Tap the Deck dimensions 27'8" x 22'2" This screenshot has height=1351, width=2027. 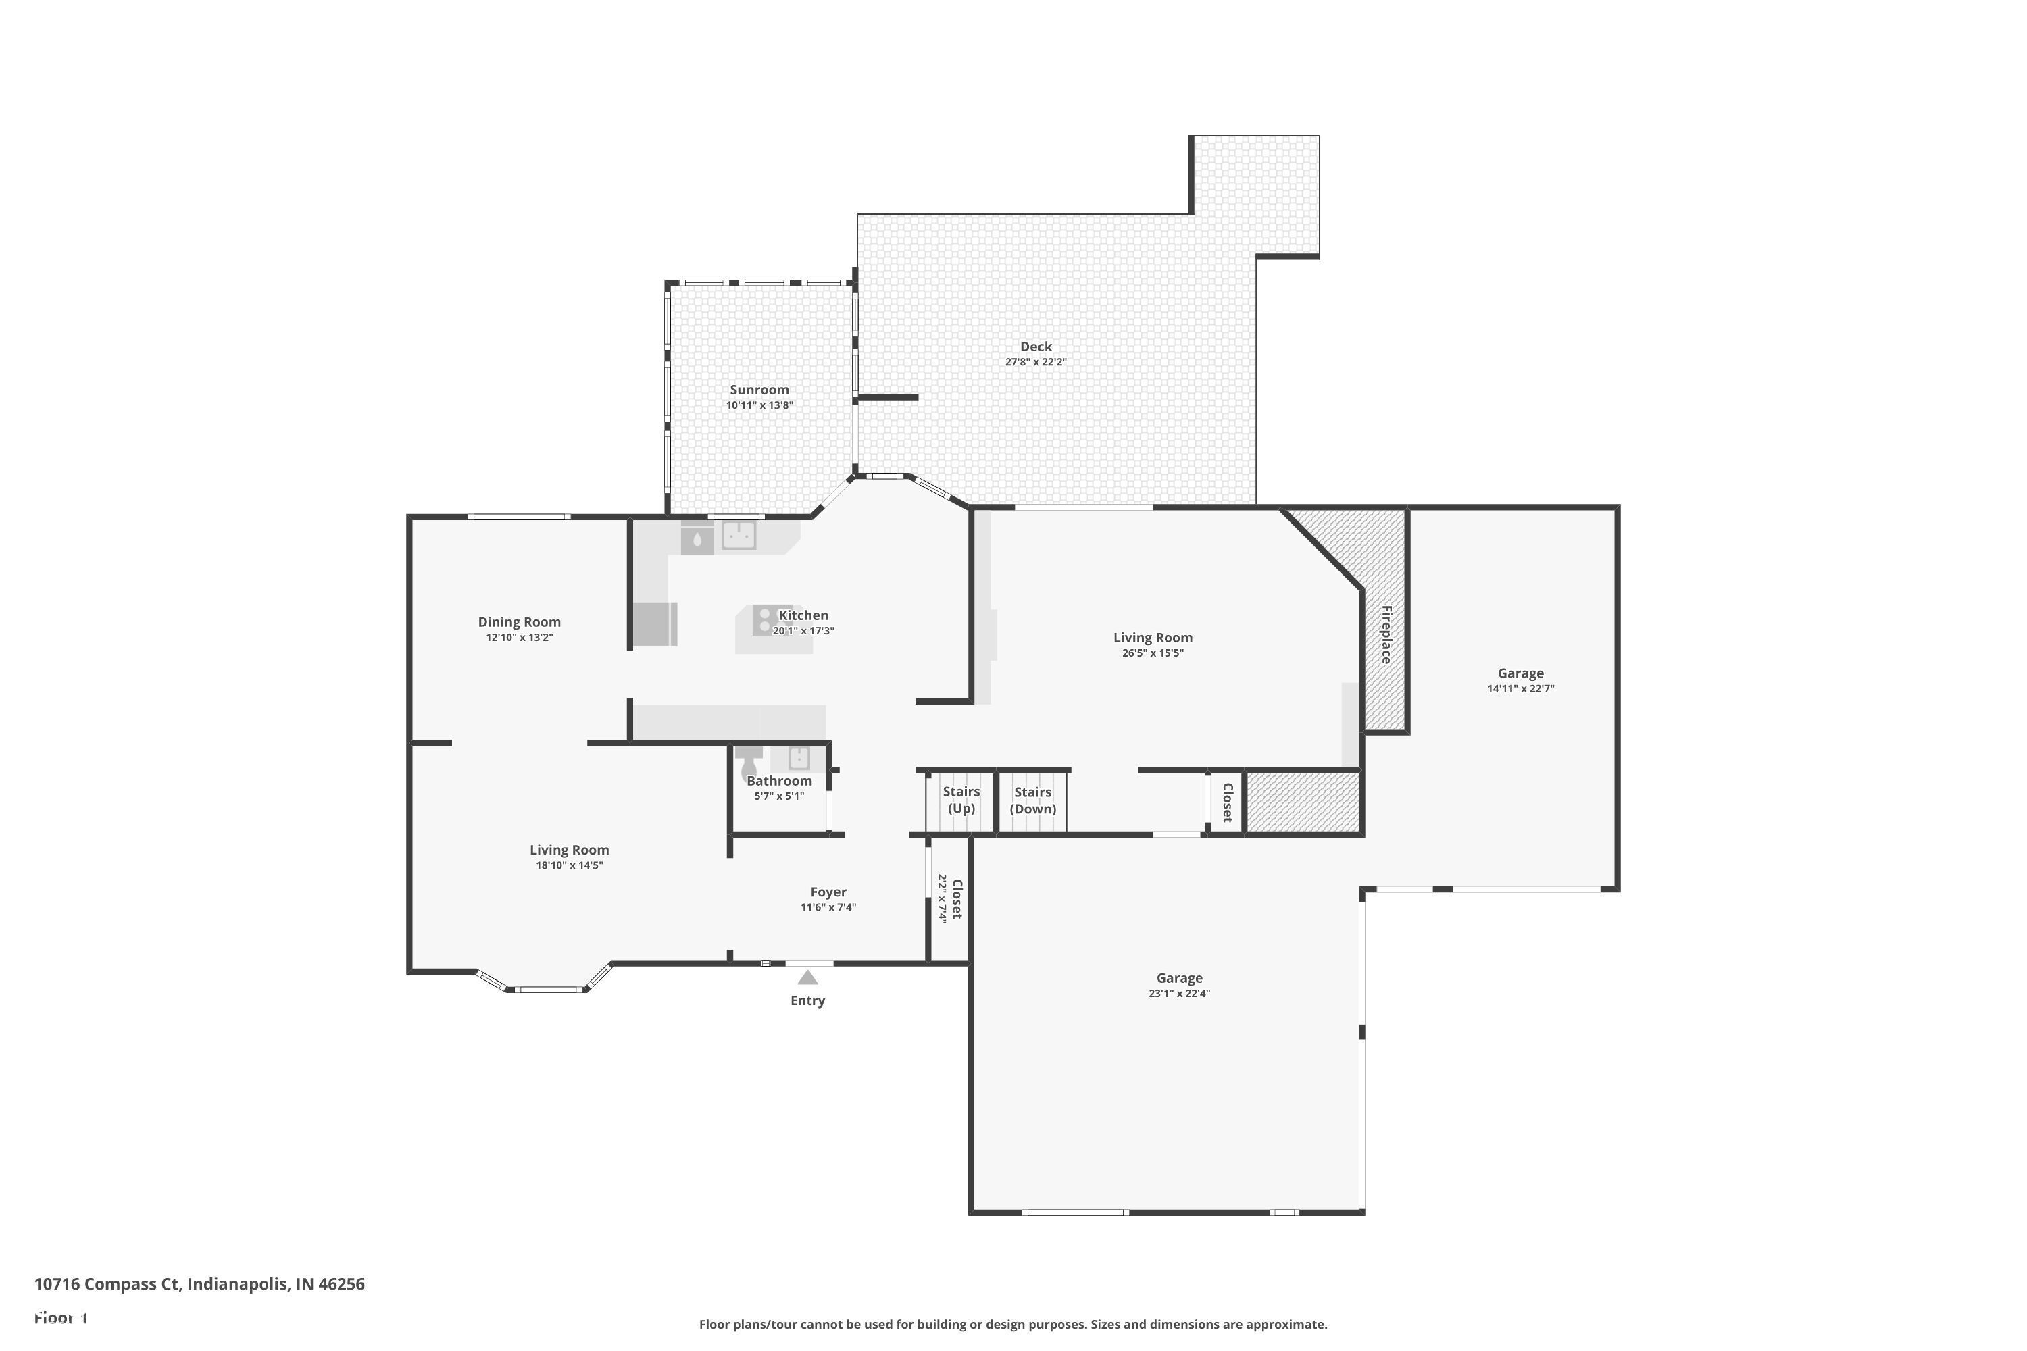pyautogui.click(x=1035, y=363)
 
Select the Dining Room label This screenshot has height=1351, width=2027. pyautogui.click(x=519, y=622)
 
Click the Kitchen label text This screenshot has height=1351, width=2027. pyautogui.click(x=803, y=615)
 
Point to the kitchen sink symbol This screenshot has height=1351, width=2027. pyautogui.click(x=739, y=535)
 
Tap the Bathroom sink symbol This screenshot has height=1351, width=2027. pyautogui.click(x=799, y=758)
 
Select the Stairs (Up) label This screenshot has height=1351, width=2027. pyautogui.click(x=961, y=800)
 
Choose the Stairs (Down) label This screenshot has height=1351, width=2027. pyautogui.click(x=1032, y=800)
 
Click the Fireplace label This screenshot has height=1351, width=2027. pyautogui.click(x=1386, y=635)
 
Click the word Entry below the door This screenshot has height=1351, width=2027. pyautogui.click(x=807, y=1000)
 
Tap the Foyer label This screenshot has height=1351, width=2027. pyautogui.click(x=828, y=892)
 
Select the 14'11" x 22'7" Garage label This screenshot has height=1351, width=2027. pyautogui.click(x=1520, y=673)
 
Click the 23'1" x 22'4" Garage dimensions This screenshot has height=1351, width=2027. pyautogui.click(x=1179, y=994)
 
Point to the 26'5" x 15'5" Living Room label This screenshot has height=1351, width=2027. pyautogui.click(x=1152, y=638)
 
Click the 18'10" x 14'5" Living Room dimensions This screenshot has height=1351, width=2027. pyautogui.click(x=569, y=865)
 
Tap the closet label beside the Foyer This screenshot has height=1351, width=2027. pyautogui.click(x=956, y=898)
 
